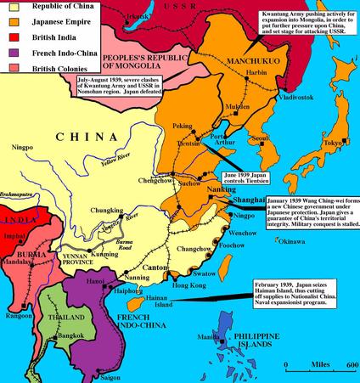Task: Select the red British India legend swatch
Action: [8, 38]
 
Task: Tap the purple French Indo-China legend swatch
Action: [8, 54]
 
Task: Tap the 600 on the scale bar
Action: [349, 365]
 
